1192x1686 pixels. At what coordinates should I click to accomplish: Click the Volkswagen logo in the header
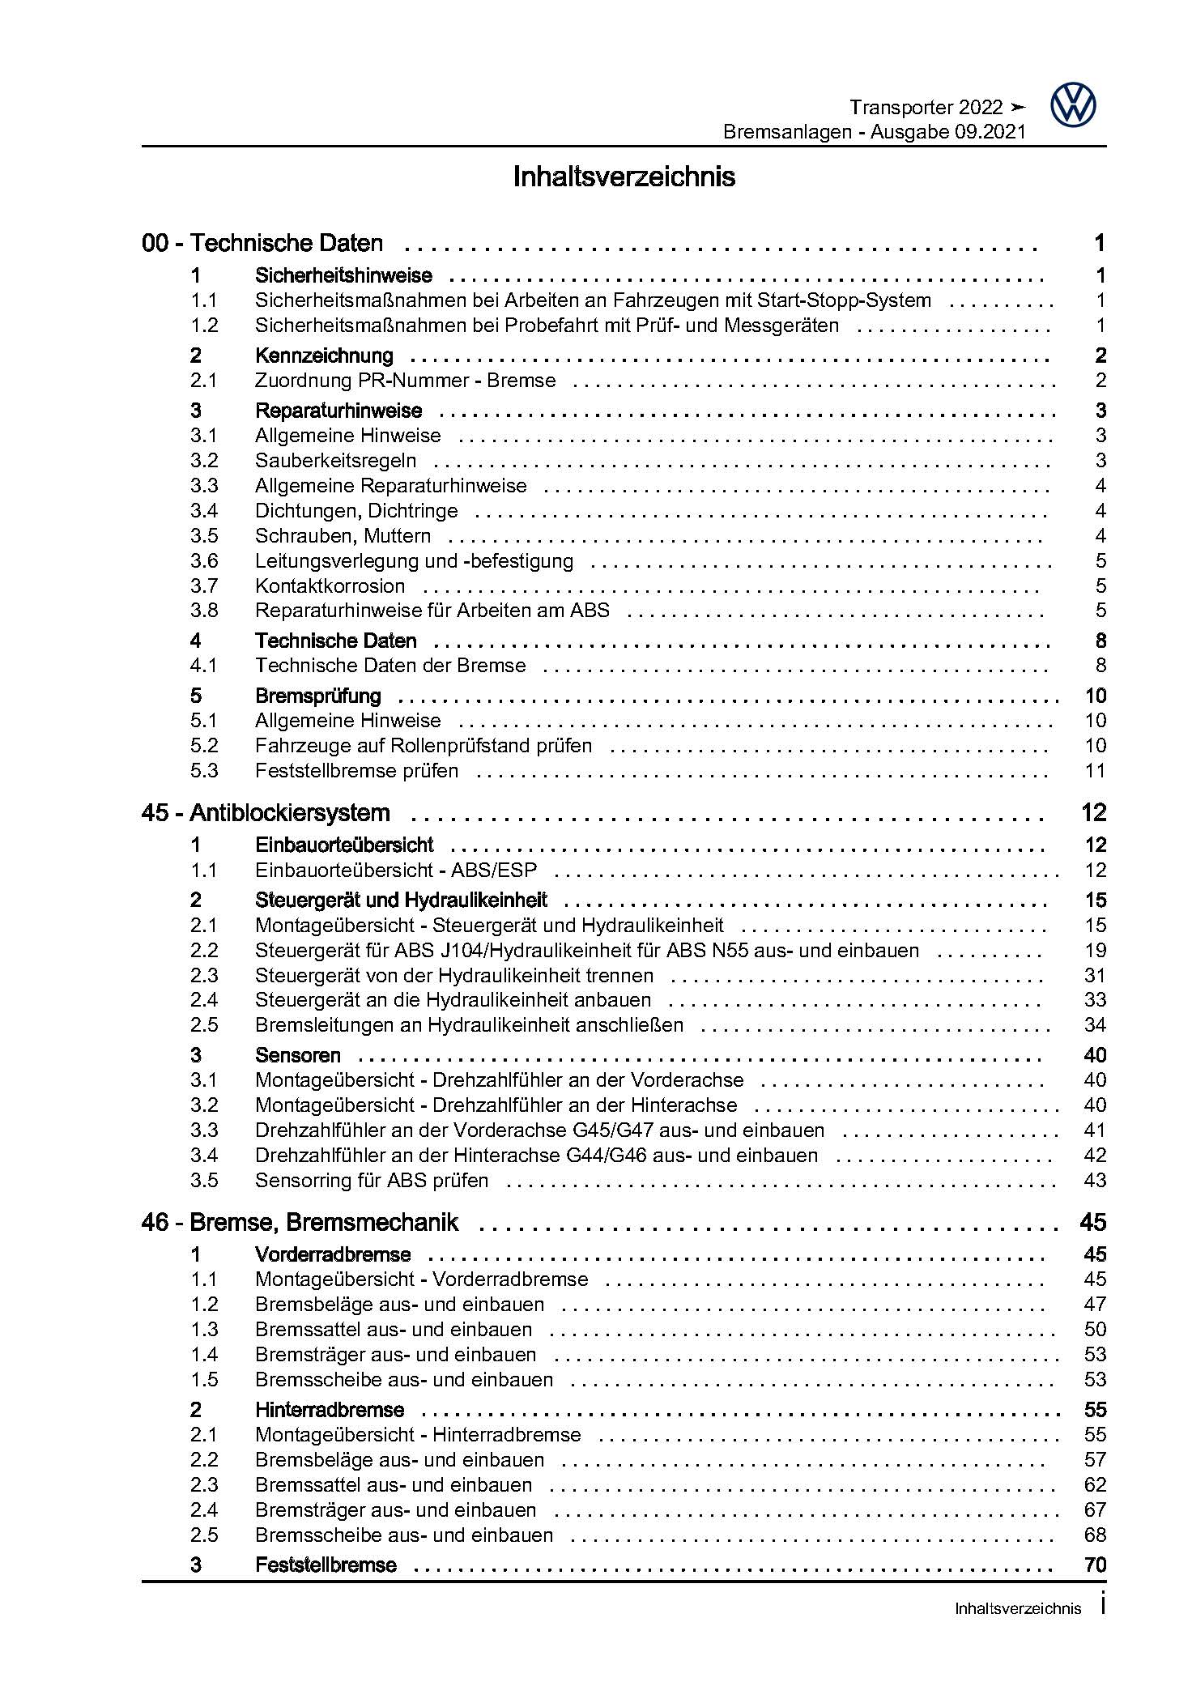click(x=1073, y=106)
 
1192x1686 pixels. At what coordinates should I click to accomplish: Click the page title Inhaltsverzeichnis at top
click(x=624, y=177)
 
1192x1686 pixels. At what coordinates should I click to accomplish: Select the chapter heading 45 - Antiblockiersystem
click(x=266, y=813)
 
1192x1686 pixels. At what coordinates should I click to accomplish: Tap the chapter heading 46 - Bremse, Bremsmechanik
click(x=300, y=1222)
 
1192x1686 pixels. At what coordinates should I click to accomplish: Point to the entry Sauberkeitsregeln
click(x=335, y=461)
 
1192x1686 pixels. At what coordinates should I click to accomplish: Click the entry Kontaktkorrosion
click(x=330, y=586)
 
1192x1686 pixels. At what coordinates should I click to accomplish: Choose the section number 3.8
click(x=204, y=611)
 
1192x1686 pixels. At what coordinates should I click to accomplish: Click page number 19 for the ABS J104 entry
click(x=1095, y=950)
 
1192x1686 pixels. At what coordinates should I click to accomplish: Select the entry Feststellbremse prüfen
click(x=356, y=771)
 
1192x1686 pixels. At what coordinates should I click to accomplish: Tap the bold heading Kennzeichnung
click(x=324, y=356)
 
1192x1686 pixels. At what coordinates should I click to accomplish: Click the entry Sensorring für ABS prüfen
click(x=372, y=1181)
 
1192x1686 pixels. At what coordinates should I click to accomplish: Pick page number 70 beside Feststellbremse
click(x=1095, y=1565)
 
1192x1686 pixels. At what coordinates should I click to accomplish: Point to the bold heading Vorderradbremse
click(x=333, y=1254)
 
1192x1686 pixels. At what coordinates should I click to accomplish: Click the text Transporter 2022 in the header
click(x=926, y=108)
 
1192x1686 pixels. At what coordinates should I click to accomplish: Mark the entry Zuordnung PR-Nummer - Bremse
click(x=405, y=381)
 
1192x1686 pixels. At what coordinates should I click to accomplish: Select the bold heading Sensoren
click(x=297, y=1055)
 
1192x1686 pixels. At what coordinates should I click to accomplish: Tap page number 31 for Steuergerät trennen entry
click(x=1095, y=975)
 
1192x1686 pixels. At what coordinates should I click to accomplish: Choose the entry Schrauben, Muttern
click(x=343, y=536)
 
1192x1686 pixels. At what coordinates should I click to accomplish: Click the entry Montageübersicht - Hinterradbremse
click(x=418, y=1435)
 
